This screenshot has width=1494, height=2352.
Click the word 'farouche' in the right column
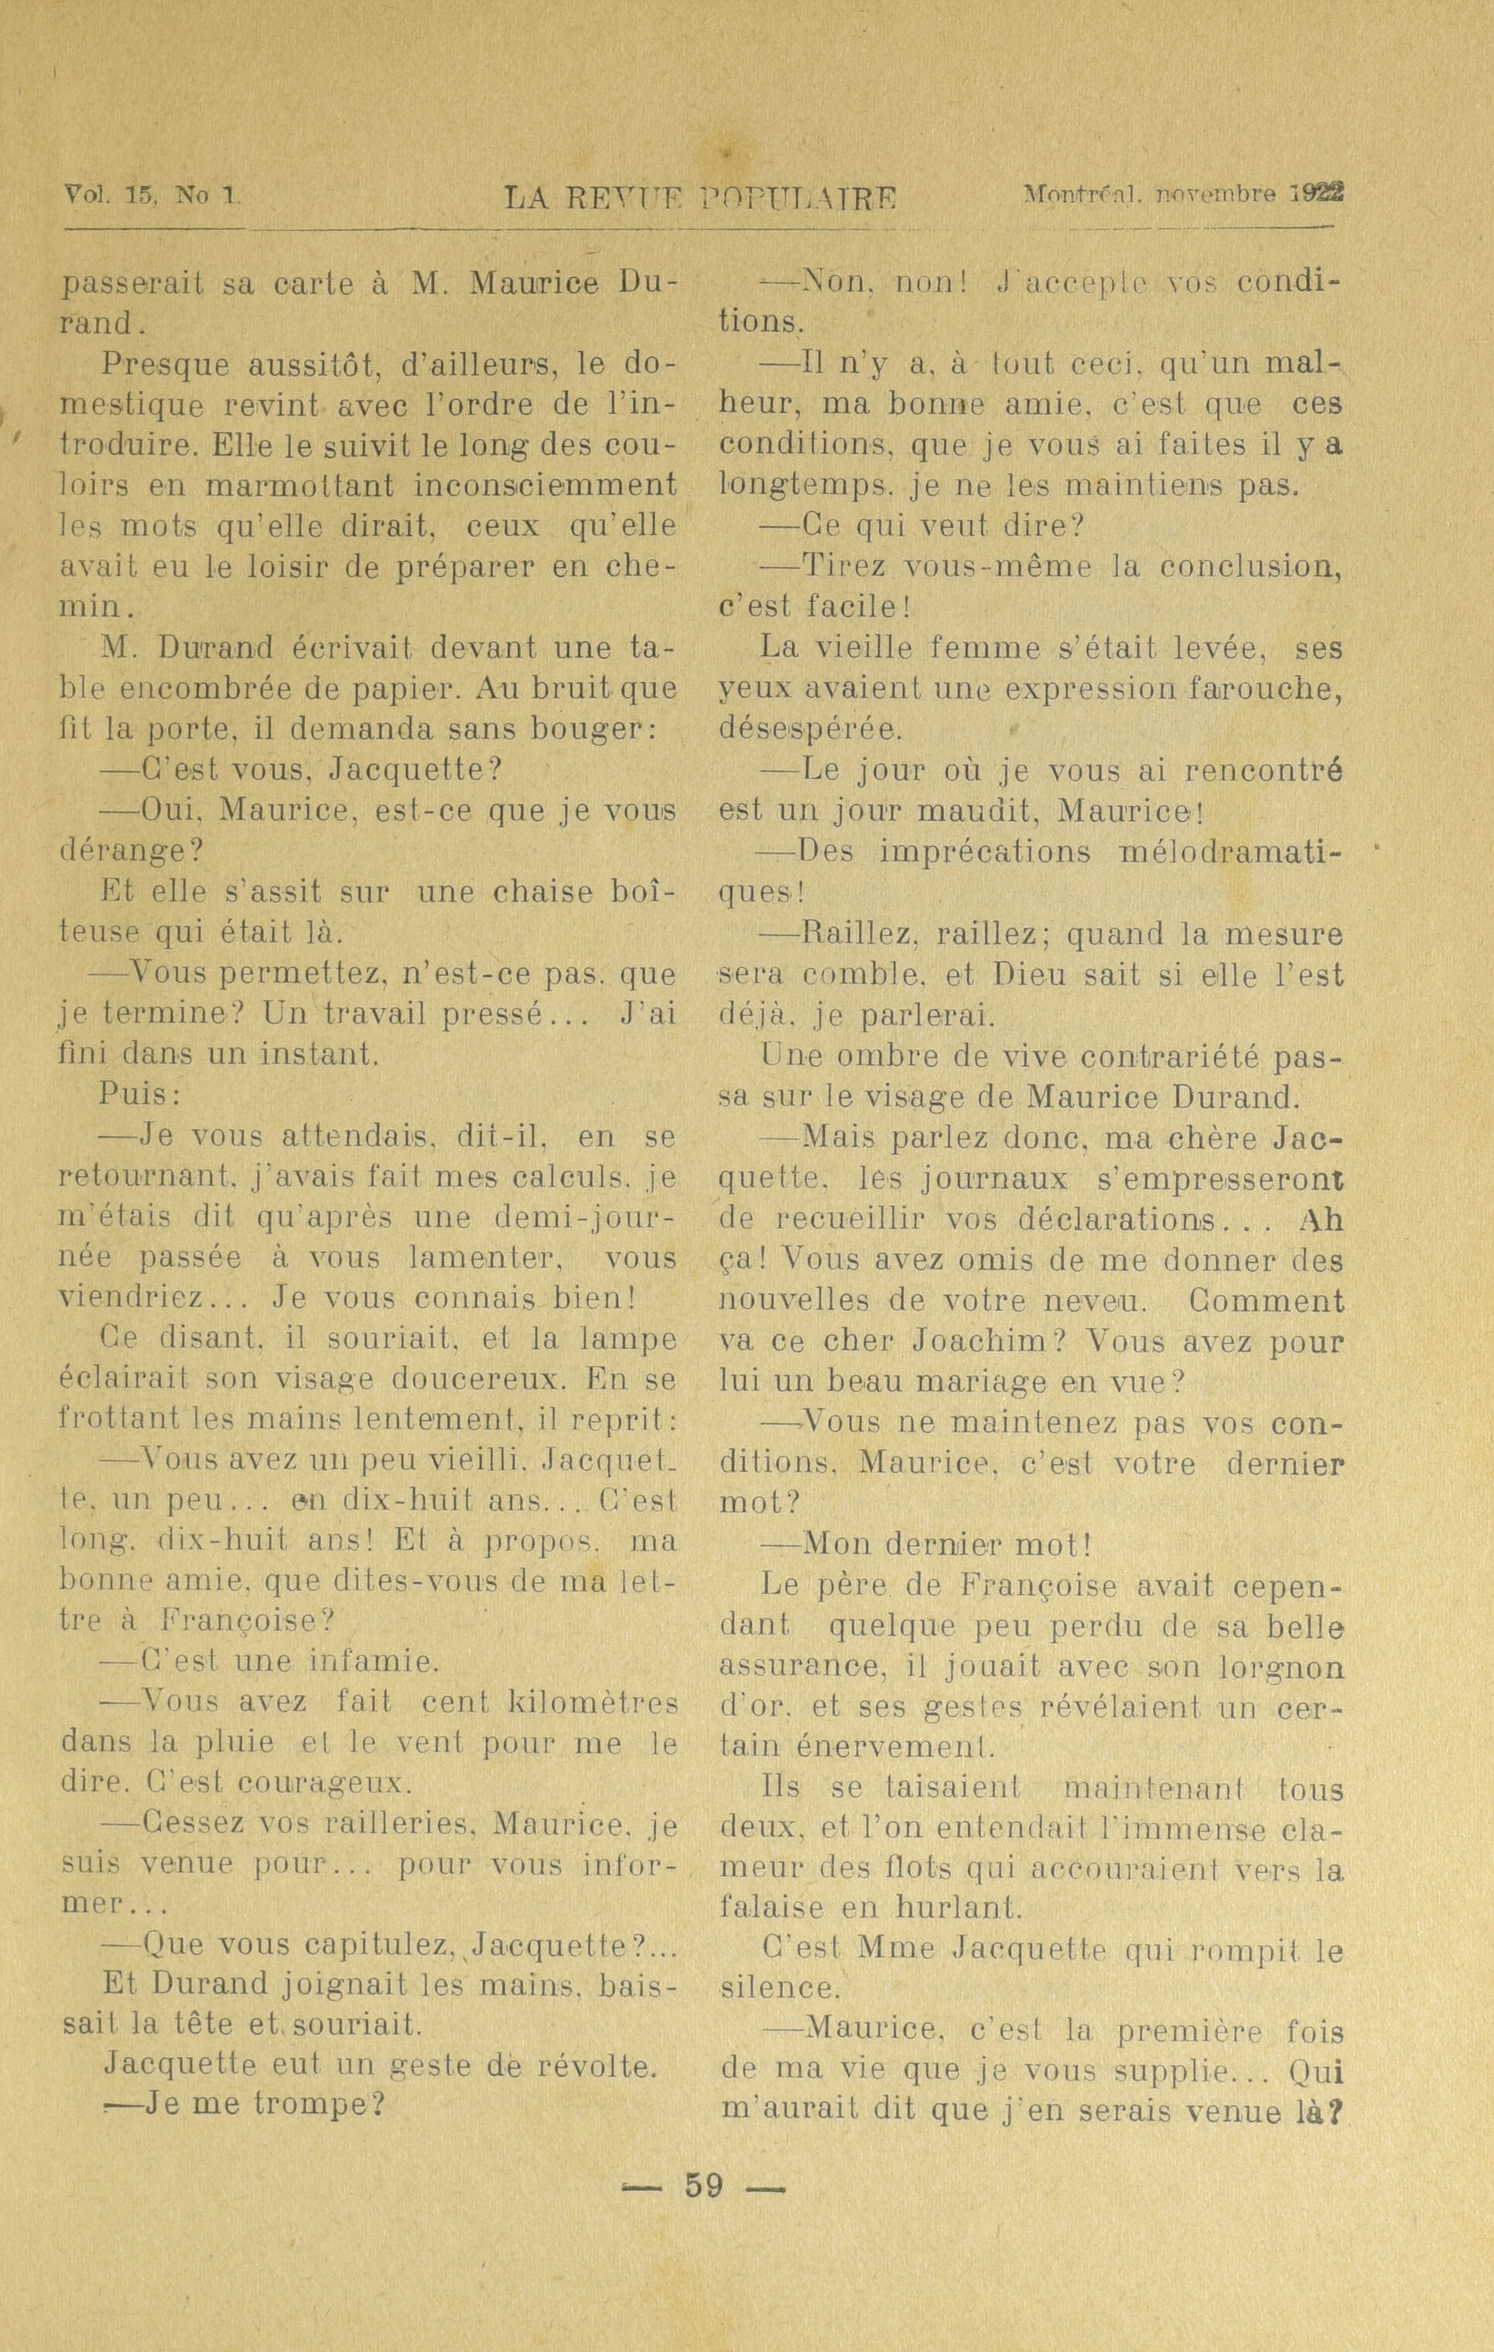pos(1264,689)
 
